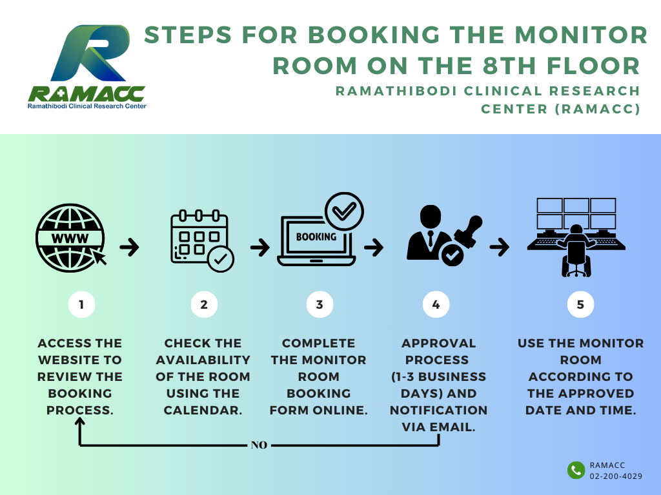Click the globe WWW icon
(70, 238)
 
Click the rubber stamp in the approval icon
(469, 232)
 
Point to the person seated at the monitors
(576, 251)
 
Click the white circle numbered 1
(81, 304)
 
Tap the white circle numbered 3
(320, 304)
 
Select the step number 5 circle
(580, 304)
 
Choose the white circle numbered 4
(436, 304)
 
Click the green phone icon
(576, 470)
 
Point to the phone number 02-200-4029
(616, 476)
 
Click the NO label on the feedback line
(259, 445)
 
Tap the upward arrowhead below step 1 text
(79, 422)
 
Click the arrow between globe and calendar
(129, 247)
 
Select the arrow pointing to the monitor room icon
(500, 247)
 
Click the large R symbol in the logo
(90, 53)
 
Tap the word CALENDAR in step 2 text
(203, 410)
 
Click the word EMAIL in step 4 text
(452, 427)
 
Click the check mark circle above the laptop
(344, 211)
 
